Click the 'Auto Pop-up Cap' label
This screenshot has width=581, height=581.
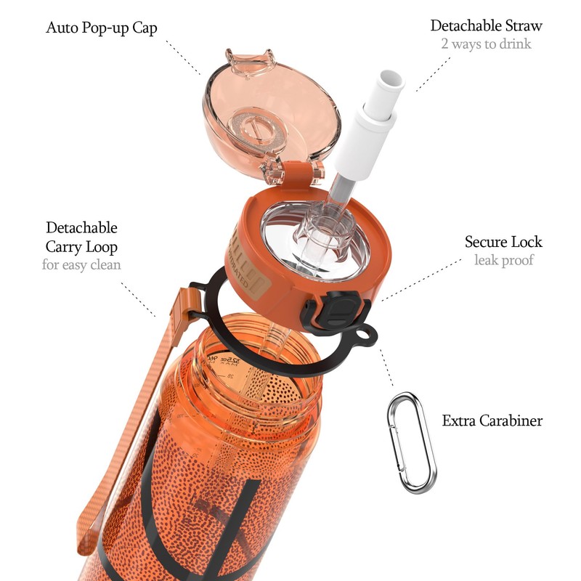click(102, 28)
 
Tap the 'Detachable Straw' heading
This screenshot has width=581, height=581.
click(486, 25)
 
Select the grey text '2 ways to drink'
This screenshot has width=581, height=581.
click(486, 44)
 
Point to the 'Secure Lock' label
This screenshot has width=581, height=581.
click(503, 242)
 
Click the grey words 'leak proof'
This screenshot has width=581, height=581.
click(503, 260)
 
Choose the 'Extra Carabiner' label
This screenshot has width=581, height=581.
click(492, 420)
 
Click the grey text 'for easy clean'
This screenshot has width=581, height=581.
click(81, 264)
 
